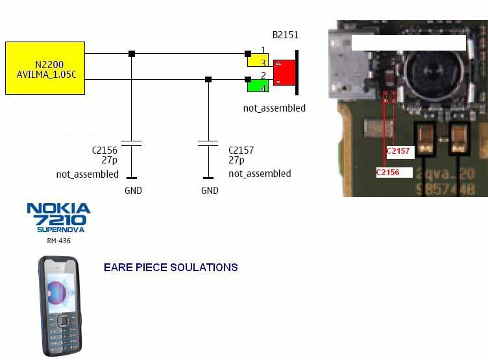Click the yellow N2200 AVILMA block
pos(45,67)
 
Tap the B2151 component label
pos(285,35)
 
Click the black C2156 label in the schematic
pos(104,150)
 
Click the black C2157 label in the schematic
pos(241,150)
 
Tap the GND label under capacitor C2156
pos(133,191)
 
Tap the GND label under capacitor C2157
pos(210,191)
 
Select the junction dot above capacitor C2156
pos(132,53)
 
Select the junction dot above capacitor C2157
pos(208,79)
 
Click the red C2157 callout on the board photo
pos(398,151)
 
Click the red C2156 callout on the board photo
pos(387,172)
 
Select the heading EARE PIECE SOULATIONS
pos(171,267)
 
